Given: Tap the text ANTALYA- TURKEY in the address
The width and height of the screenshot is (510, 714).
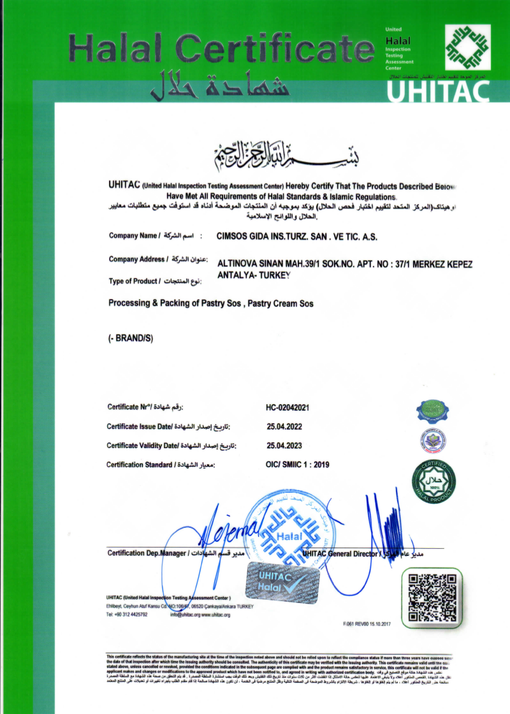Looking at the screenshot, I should tap(254, 275).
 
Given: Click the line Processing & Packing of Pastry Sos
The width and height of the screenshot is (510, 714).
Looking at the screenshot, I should tap(210, 303).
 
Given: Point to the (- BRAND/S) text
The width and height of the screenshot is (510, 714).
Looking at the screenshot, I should tap(131, 339).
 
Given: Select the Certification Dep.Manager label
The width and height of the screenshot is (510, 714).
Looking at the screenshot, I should tap(147, 553).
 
